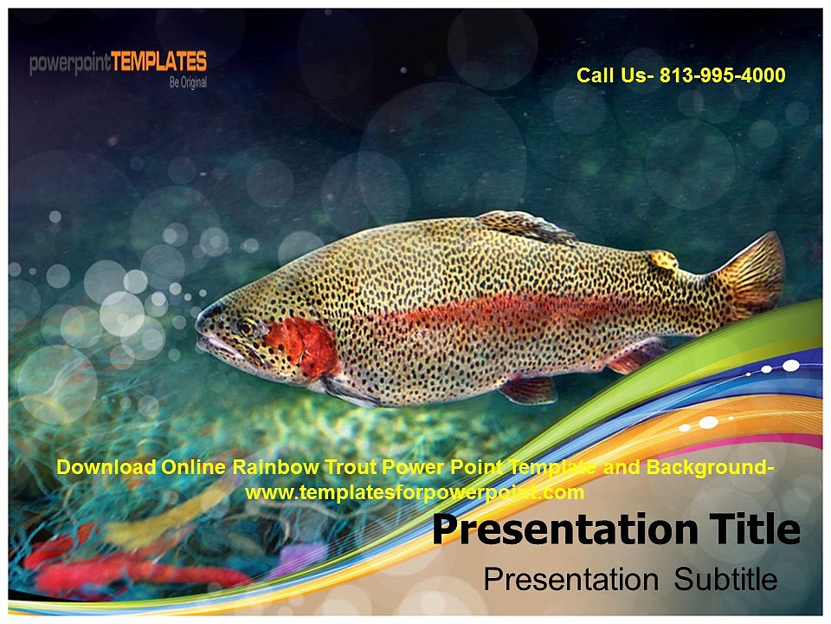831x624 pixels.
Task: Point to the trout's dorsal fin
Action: tap(523, 226)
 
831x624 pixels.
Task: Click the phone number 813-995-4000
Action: tap(722, 75)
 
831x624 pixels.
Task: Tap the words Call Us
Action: tap(615, 75)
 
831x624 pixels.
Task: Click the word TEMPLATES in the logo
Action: tap(160, 62)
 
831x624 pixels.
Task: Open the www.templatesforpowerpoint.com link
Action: tap(415, 493)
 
